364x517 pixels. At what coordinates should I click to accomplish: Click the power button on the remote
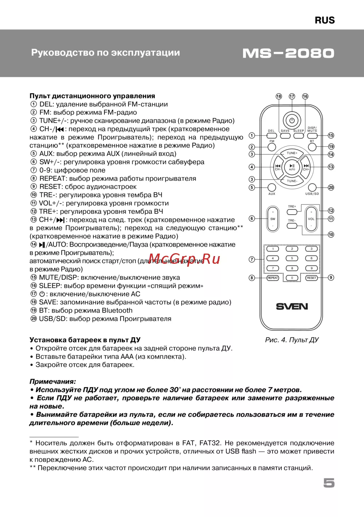click(292, 120)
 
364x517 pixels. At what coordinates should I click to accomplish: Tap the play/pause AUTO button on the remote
click(292, 167)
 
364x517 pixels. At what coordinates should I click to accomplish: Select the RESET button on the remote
click(312, 278)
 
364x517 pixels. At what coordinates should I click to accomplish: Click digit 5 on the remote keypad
click(292, 258)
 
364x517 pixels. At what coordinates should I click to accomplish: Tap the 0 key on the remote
click(292, 278)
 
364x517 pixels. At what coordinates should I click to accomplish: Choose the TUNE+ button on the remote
click(292, 153)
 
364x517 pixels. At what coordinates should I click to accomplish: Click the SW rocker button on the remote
click(273, 219)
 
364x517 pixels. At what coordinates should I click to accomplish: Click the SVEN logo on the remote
click(292, 306)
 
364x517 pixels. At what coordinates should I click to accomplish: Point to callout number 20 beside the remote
click(331, 188)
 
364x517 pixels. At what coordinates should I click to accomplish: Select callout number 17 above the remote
click(292, 97)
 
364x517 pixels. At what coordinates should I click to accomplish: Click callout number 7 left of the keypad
click(252, 259)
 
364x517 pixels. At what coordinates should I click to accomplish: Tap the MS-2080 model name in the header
click(288, 53)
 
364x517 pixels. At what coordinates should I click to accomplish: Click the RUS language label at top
click(325, 20)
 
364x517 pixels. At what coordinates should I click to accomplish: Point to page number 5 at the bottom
click(329, 483)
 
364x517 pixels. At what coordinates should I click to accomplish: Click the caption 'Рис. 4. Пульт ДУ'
click(292, 340)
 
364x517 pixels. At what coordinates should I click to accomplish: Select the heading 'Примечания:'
click(53, 381)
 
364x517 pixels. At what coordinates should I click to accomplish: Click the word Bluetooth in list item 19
click(117, 310)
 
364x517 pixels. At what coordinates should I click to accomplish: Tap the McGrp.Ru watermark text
click(185, 259)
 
